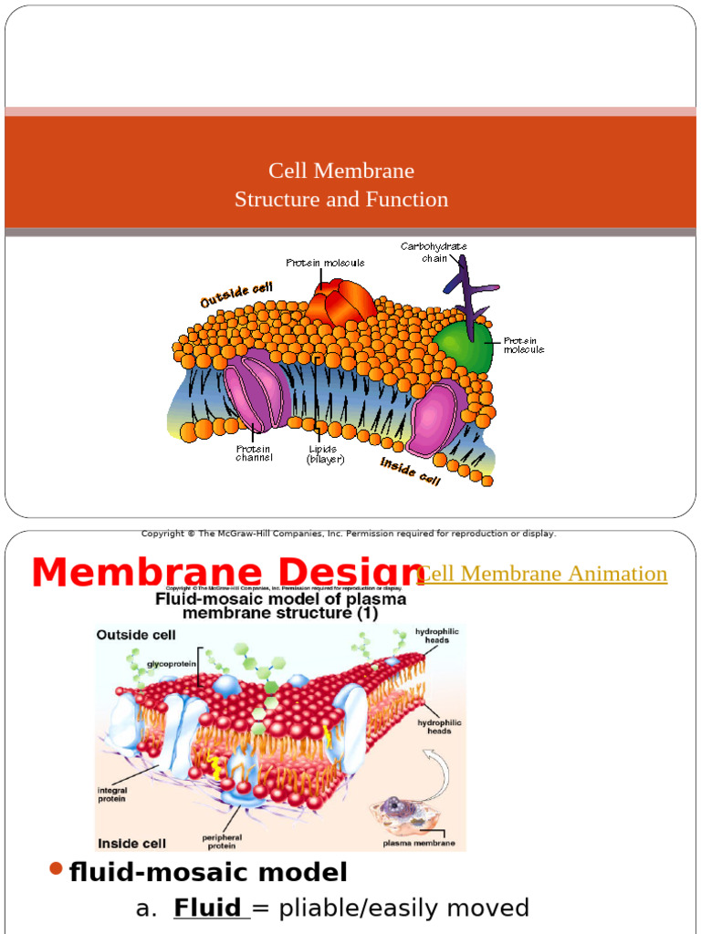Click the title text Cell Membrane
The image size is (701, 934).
341,171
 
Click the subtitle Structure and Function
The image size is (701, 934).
341,199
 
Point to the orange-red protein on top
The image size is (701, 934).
340,300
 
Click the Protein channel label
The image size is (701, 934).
254,453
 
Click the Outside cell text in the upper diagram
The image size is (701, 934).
236,294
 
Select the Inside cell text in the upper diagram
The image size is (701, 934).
410,471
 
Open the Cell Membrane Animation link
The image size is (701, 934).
541,574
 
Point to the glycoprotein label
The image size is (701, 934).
171,664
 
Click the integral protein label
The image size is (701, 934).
112,794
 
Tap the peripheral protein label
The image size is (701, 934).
221,840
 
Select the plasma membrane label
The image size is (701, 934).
419,843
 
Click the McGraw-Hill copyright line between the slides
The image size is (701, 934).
349,534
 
